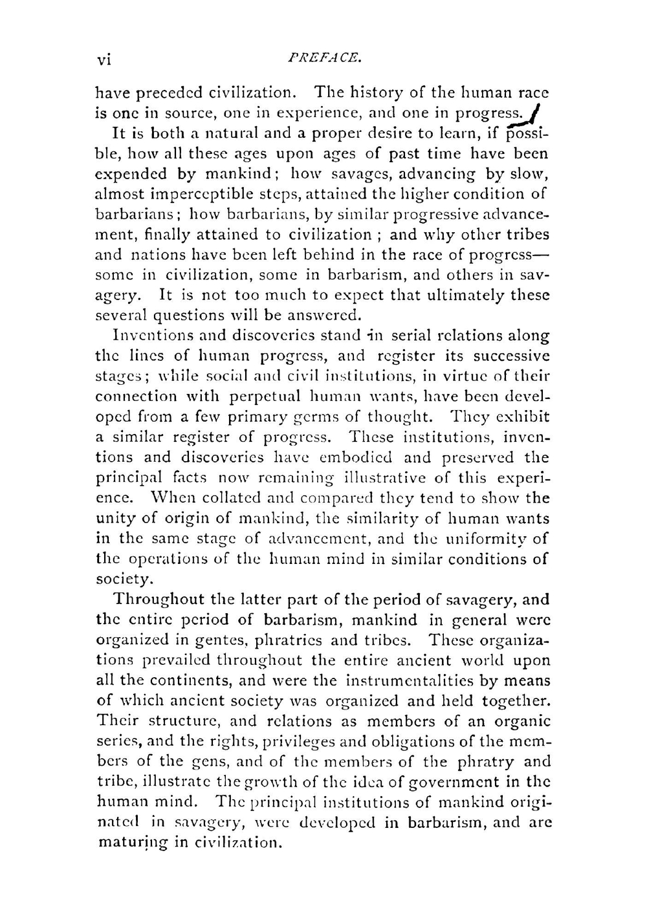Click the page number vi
pyautogui.click(x=104, y=60)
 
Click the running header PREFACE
pyautogui.click(x=323, y=58)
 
